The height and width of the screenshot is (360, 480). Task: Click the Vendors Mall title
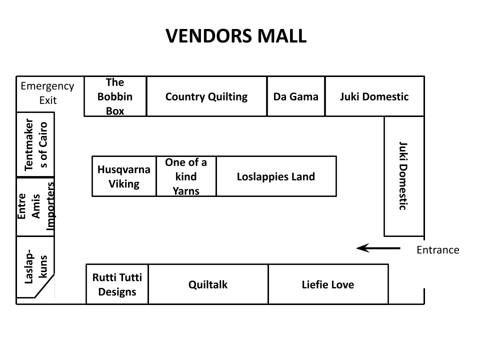tap(235, 36)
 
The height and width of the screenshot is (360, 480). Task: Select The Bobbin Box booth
tap(115, 96)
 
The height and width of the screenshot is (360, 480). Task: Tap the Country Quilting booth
tap(206, 96)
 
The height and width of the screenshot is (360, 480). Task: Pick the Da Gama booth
tap(295, 96)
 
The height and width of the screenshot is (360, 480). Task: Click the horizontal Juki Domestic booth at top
tap(374, 96)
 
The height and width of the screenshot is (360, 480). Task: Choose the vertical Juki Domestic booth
tap(403, 176)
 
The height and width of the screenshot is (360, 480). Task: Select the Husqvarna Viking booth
tap(124, 176)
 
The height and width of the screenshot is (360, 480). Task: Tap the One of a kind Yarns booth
tap(186, 176)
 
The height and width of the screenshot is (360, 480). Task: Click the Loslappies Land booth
tap(276, 176)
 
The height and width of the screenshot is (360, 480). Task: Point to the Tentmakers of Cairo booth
tap(35, 144)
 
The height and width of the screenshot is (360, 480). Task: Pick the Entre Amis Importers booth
tap(35, 206)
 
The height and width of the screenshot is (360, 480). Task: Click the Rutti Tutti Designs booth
tap(117, 284)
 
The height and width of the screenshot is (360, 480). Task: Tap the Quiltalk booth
tap(208, 284)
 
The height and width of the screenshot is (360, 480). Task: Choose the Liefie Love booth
tap(328, 284)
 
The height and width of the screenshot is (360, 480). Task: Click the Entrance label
tap(437, 250)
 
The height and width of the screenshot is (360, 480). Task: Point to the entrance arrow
tap(378, 247)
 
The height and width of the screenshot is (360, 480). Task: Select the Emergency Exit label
tap(47, 93)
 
